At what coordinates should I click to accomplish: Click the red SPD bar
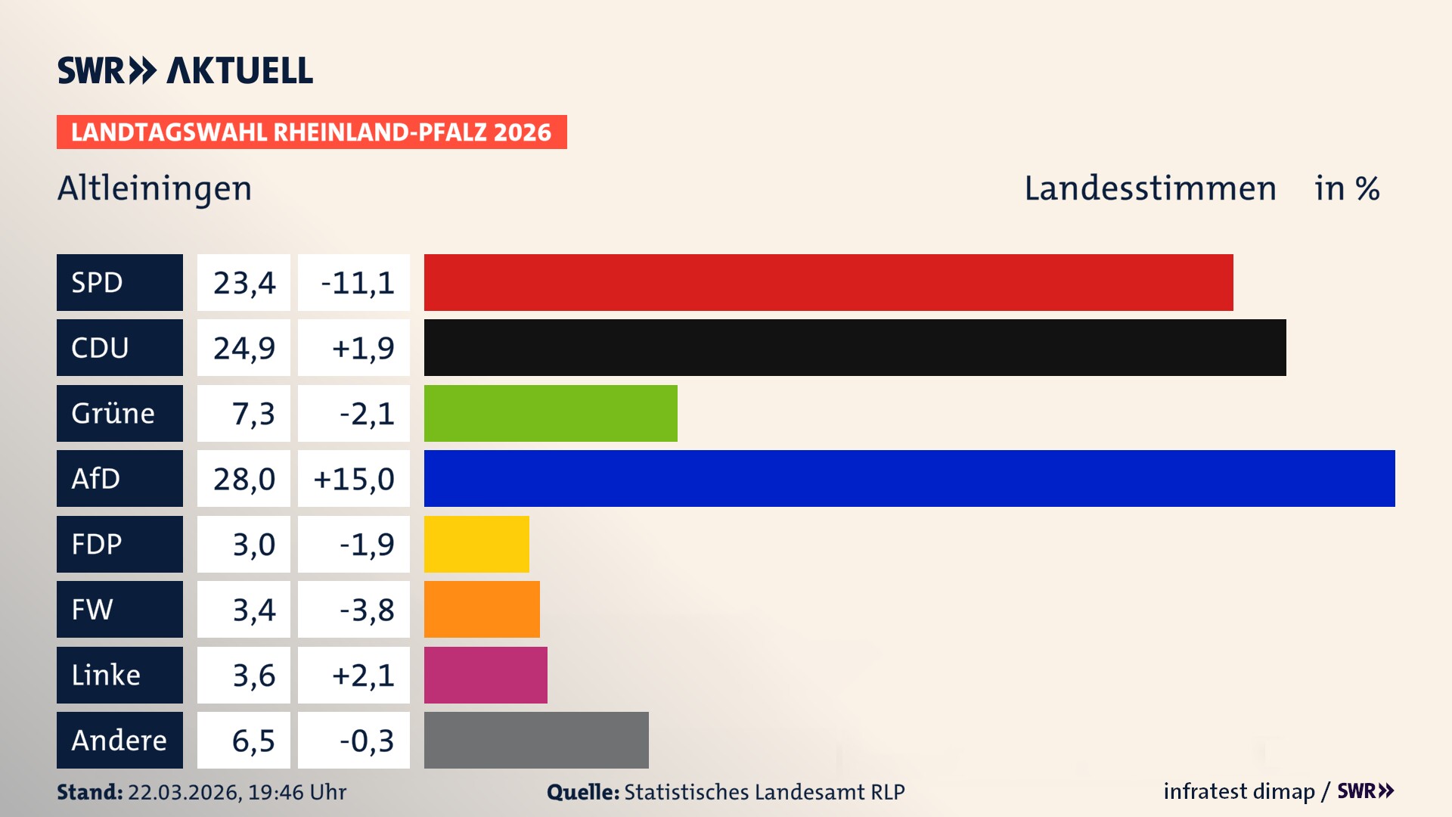(x=828, y=282)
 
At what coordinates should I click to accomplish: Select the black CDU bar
(x=855, y=347)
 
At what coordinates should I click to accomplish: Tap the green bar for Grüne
(x=551, y=413)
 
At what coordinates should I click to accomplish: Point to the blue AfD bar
(x=909, y=478)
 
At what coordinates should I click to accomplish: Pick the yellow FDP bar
(x=476, y=544)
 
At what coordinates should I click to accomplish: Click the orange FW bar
(x=482, y=609)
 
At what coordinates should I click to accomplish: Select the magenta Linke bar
(x=486, y=675)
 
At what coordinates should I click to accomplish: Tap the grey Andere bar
(x=536, y=740)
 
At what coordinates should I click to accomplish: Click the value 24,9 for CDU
(x=244, y=348)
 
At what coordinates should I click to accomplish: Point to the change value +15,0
(x=354, y=479)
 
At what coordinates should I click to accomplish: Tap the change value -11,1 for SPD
(x=357, y=283)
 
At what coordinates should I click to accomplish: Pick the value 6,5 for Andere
(x=253, y=741)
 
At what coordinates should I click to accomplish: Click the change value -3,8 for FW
(x=366, y=610)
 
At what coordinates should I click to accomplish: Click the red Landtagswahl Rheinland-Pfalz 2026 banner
(x=312, y=132)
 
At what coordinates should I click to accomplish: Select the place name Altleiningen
(x=154, y=188)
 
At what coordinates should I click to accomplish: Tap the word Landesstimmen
(x=1149, y=188)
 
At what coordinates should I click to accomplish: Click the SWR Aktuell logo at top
(x=185, y=70)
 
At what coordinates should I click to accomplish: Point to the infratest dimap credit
(x=1239, y=791)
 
